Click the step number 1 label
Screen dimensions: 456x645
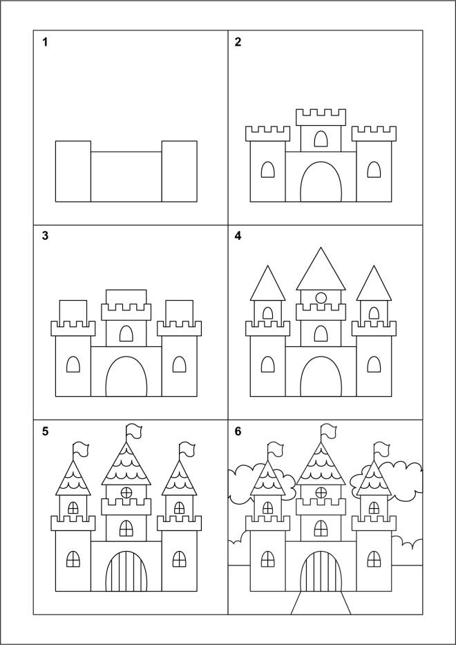45,42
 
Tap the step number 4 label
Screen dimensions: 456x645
238,236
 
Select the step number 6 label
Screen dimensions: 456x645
238,431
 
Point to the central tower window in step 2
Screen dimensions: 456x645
321,139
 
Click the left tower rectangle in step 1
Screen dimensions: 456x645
73,171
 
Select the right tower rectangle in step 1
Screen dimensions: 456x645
179,171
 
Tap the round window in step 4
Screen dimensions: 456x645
321,297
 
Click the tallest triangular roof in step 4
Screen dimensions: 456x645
321,269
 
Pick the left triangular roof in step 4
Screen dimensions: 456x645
267,283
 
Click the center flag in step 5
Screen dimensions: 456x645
133,431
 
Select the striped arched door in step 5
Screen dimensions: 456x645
126,571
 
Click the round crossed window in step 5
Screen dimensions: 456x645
126,492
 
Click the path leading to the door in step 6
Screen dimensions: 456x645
321,603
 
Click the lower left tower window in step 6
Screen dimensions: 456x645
267,559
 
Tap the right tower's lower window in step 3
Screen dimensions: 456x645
179,364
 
